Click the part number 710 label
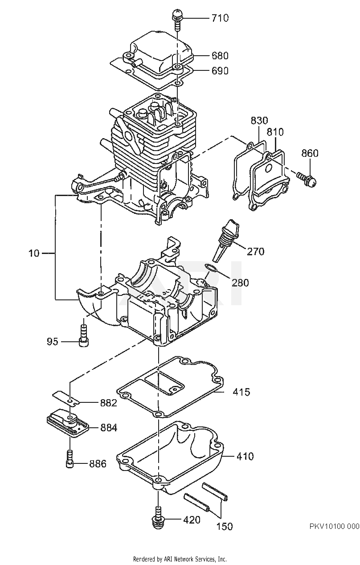220,18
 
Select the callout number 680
220,56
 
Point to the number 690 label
220,71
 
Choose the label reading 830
259,121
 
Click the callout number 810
275,132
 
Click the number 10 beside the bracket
34,253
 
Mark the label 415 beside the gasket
241,392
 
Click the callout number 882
108,403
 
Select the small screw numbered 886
70,459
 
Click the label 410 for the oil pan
245,456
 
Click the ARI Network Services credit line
180,559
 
